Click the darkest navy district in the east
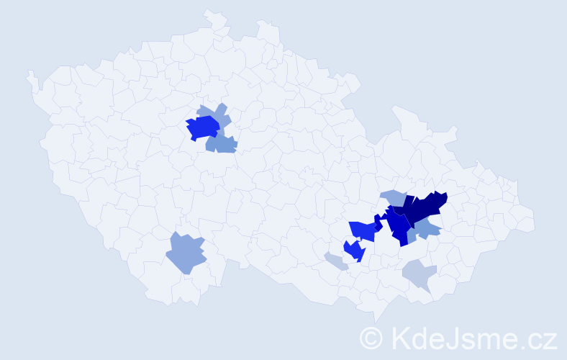pyautogui.click(x=425, y=207)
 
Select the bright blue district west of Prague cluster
pyautogui.click(x=202, y=127)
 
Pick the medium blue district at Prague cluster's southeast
pyautogui.click(x=222, y=144)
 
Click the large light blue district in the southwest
pyautogui.click(x=186, y=253)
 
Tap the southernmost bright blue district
pyautogui.click(x=354, y=251)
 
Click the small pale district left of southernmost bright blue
pyautogui.click(x=335, y=261)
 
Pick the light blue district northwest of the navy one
pyautogui.click(x=393, y=196)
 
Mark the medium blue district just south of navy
pyautogui.click(x=426, y=229)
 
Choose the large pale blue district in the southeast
pyautogui.click(x=419, y=274)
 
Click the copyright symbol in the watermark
pyautogui.click(x=372, y=337)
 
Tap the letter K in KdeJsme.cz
pyautogui.click(x=401, y=337)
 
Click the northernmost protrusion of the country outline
pyautogui.click(x=209, y=12)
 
